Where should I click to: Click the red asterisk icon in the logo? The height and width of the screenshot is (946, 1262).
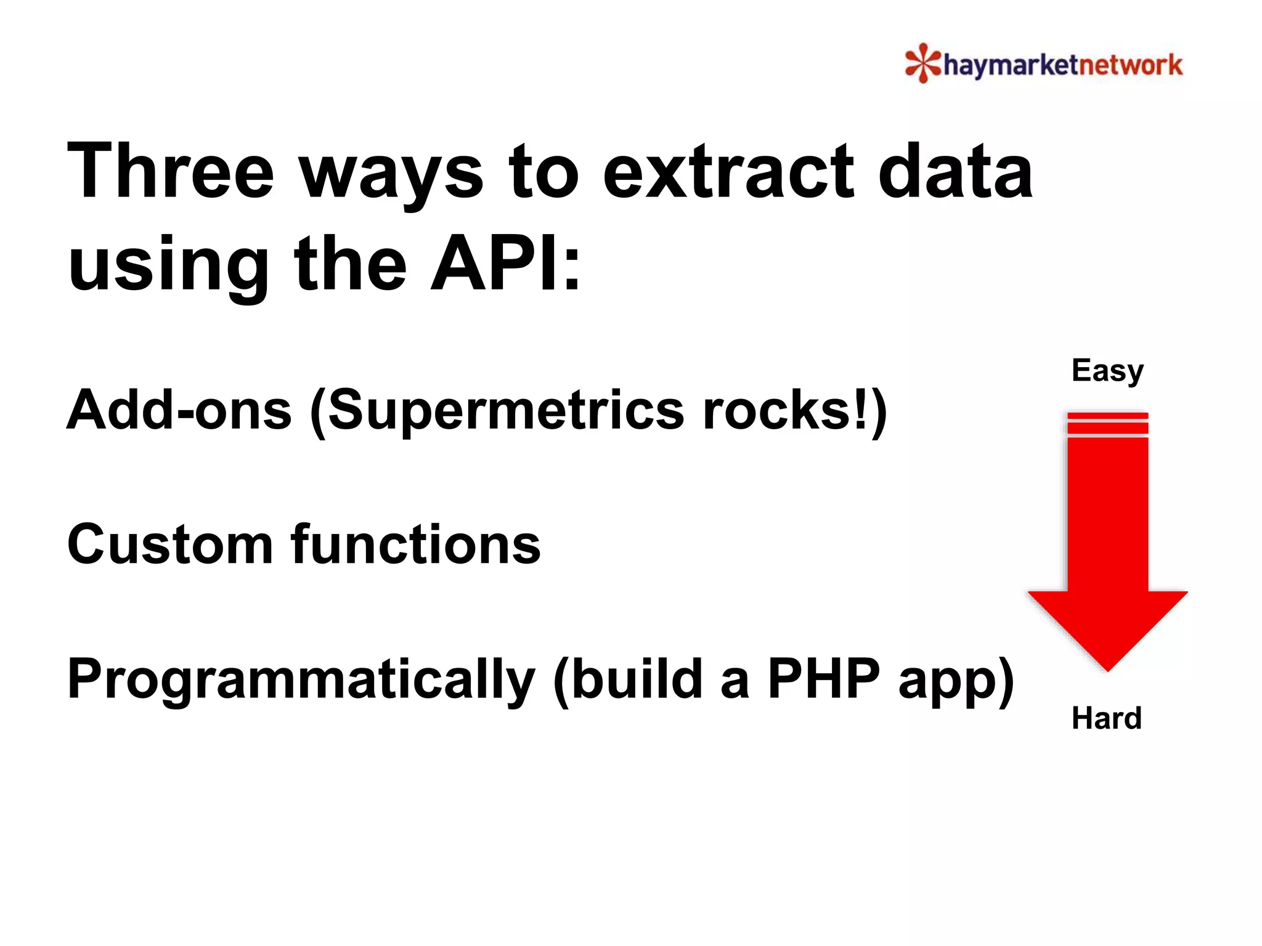922,63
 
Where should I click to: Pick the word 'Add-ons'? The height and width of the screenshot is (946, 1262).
179,410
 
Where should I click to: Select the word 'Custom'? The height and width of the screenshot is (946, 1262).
170,544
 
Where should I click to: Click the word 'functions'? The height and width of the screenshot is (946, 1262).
416,544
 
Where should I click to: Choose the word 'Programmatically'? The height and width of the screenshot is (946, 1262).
301,680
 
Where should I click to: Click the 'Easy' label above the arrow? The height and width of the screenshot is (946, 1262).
1107,371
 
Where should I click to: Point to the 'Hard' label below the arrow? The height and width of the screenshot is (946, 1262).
1106,718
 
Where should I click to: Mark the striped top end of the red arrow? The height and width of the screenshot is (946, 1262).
1107,424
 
